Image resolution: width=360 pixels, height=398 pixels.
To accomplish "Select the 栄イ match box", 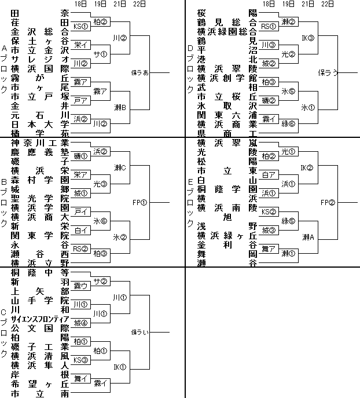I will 80,45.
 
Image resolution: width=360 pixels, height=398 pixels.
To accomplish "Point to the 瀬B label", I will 120,108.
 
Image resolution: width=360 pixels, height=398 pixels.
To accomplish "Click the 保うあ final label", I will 141,73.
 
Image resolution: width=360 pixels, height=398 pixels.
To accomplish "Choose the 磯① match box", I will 80,156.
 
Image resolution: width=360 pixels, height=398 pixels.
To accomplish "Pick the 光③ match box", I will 101,184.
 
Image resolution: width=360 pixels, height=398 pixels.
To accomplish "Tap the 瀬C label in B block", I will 120,167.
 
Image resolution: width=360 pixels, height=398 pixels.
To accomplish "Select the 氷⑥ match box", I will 101,221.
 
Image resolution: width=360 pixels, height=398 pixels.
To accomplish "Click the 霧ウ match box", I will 80,286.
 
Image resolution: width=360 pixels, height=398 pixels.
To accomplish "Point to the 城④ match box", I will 80,323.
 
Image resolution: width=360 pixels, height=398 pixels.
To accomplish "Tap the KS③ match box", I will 80,360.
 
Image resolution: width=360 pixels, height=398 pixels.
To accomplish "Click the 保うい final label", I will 141,333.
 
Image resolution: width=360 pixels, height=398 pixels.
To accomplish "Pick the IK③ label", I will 307,38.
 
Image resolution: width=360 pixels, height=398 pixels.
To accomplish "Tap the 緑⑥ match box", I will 289,123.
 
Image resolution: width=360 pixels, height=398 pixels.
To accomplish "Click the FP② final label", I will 328,202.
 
